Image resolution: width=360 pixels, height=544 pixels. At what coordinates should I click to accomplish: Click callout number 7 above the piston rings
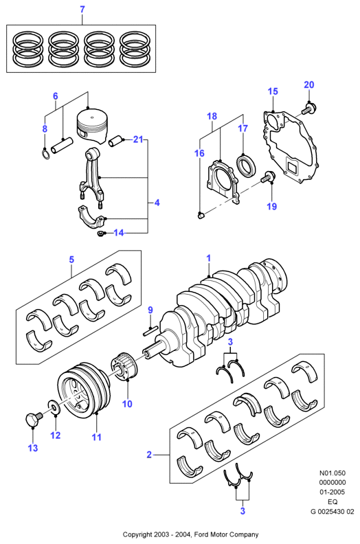click(82, 10)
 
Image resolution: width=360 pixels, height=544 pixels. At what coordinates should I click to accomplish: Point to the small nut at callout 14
click(102, 234)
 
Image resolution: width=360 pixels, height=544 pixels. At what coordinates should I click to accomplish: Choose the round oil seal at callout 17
click(247, 165)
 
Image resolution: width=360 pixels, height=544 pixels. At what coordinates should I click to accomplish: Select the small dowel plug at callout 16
click(201, 216)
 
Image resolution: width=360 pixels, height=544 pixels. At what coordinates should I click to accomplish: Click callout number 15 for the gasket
click(273, 91)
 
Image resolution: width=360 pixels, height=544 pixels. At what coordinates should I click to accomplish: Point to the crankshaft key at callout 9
click(150, 330)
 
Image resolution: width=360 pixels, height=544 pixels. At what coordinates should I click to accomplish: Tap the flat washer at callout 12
click(54, 407)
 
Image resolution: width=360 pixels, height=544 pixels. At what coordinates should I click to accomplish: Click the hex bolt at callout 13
click(34, 420)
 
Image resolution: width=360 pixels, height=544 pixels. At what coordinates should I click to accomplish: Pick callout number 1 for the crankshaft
click(209, 258)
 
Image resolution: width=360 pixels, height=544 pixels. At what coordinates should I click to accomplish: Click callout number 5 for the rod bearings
click(71, 260)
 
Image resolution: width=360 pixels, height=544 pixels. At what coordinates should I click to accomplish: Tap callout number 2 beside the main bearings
click(149, 455)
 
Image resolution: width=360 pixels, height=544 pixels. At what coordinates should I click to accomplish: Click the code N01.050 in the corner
click(333, 473)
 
